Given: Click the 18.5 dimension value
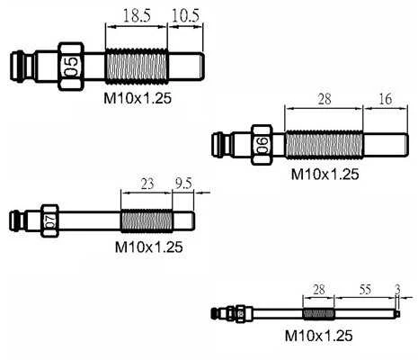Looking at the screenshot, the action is tap(137, 15).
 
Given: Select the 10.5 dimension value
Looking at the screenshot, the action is tap(185, 15).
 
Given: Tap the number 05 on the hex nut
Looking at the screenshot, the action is tap(71, 67).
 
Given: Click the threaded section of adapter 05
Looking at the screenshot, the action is tap(137, 67).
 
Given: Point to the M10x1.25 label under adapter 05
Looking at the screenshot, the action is tap(138, 98).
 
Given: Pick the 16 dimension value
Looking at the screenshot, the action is tap(386, 99).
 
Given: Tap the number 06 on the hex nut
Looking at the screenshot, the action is tap(262, 145).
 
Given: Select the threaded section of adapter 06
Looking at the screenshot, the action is tap(324, 145).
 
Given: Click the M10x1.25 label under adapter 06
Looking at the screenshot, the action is tap(325, 174).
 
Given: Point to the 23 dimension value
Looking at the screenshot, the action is tap(147, 184).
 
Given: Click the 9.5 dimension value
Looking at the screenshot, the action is tap(183, 184).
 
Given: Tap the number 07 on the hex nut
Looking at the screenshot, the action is tap(50, 220).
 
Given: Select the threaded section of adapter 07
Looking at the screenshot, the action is tap(147, 220).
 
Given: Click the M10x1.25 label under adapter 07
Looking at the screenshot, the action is tap(149, 247).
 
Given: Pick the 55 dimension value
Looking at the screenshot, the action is tap(365, 290).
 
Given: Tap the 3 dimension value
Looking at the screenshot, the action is tap(397, 290).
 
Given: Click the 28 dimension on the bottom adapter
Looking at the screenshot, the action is tap(319, 290).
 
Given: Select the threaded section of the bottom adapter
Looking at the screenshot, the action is tap(318, 314).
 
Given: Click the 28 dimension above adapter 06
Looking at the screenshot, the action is tap(325, 99).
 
